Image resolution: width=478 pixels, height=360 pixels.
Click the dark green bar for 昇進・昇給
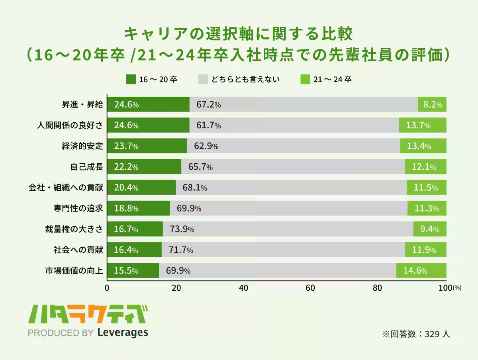[148, 105]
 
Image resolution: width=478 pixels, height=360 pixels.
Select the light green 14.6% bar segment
[421, 271]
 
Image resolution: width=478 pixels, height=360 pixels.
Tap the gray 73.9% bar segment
[288, 229]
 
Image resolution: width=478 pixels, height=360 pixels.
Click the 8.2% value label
[433, 105]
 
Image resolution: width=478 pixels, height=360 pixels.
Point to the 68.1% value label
[194, 188]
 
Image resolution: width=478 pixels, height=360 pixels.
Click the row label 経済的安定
[82, 146]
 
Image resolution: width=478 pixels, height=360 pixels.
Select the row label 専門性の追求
[78, 208]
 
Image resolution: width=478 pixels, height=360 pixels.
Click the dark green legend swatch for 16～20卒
[131, 79]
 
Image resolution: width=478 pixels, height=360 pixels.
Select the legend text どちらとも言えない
[245, 79]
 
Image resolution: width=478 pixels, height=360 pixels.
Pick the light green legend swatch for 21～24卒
[305, 79]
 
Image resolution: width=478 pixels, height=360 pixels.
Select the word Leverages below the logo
[122, 333]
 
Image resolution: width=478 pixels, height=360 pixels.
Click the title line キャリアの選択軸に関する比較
[239, 34]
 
